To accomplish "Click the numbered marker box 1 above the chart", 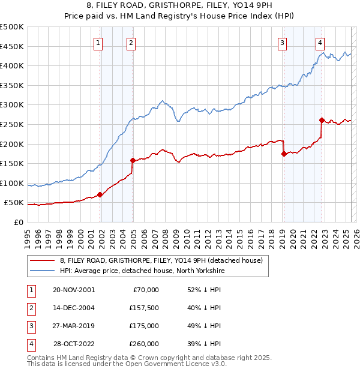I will [98, 42].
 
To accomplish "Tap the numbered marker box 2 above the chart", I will [131, 42].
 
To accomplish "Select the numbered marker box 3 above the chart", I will [282, 42].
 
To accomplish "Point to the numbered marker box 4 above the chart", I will [320, 42].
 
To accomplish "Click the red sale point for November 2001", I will [100, 194].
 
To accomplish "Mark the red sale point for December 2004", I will [133, 160].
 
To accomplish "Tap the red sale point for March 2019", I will [284, 154].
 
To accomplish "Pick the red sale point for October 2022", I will [322, 120].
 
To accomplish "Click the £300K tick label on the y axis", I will [12, 105].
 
